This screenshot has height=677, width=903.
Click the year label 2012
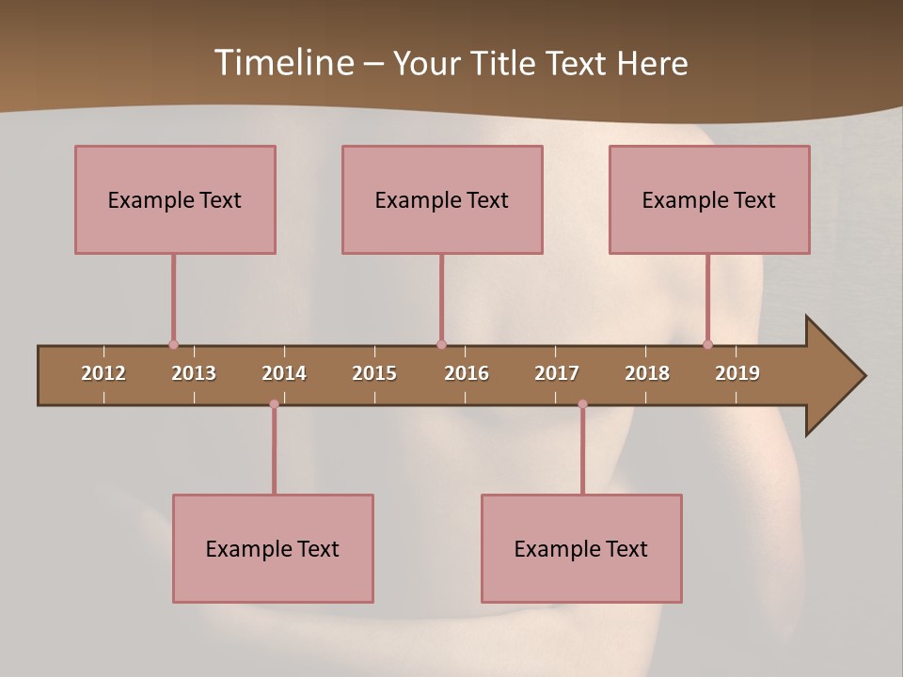point(103,373)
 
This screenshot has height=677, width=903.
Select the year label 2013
point(194,373)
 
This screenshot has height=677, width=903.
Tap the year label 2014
point(284,373)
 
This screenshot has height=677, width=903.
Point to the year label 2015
point(374,373)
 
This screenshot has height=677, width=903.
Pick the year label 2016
point(467,373)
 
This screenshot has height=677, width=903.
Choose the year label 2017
point(557,373)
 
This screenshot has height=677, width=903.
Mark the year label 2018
point(647,373)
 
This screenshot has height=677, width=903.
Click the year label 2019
point(737,373)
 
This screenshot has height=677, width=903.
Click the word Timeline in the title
point(283,63)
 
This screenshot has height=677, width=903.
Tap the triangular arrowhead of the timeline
point(833,376)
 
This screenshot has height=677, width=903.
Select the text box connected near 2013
point(175,199)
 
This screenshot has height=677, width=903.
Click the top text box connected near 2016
point(442,199)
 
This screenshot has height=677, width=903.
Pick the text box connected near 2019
point(709,199)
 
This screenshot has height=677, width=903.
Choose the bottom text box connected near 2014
point(273,548)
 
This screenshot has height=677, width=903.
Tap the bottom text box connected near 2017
point(581,548)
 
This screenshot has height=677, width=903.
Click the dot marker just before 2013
point(173,344)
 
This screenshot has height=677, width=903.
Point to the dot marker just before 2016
point(441,344)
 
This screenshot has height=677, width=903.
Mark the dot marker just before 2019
point(707,344)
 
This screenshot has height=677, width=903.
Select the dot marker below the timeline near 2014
point(274,404)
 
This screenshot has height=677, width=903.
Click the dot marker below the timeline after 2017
point(582,404)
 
